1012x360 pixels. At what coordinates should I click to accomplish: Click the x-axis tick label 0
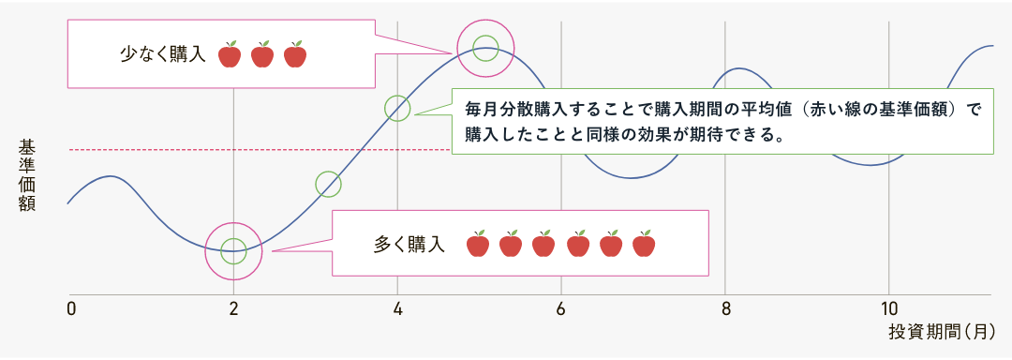[x=71, y=308]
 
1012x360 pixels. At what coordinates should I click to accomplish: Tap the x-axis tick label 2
[x=233, y=308]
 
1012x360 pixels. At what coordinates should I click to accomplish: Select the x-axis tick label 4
[x=398, y=308]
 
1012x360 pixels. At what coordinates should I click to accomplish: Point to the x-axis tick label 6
[x=560, y=308]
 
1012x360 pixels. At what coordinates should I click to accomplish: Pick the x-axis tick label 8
[x=725, y=308]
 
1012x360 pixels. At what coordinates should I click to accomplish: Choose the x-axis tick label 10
[x=890, y=308]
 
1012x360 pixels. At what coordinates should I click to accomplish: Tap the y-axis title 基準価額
[x=26, y=175]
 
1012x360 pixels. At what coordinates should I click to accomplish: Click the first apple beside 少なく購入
[x=231, y=54]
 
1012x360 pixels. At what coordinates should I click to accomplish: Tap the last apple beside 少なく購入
[x=295, y=54]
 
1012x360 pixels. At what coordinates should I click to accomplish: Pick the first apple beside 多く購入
[x=478, y=244]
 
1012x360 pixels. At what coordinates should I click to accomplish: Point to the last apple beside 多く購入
[x=643, y=244]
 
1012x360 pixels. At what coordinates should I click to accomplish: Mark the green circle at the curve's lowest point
[x=233, y=250]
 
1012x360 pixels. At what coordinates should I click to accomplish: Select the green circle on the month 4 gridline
[x=398, y=107]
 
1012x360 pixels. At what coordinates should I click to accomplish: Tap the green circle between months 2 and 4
[x=328, y=185]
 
